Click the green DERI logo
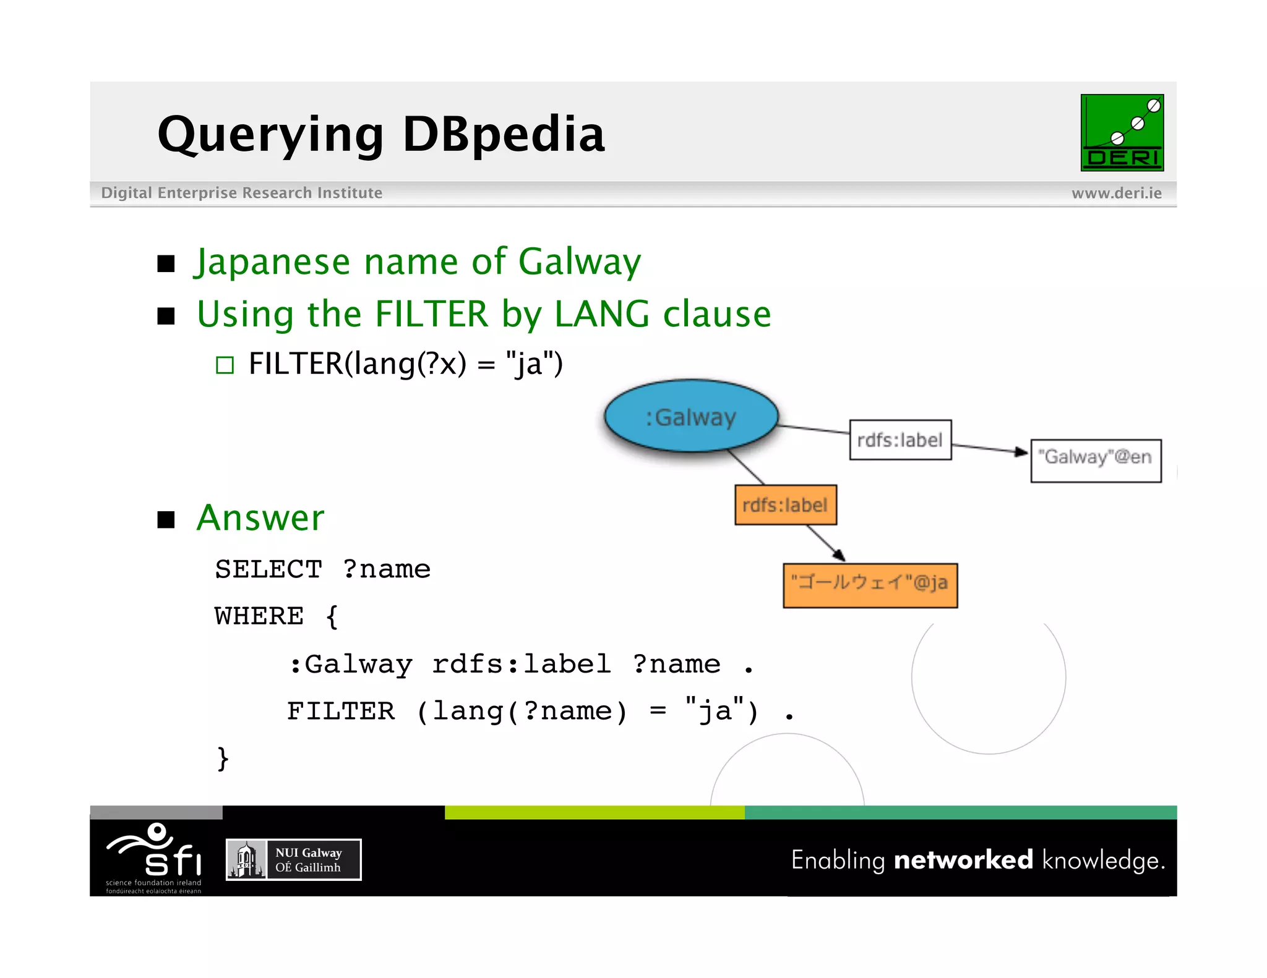1122,133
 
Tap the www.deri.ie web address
1116,193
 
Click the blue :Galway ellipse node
690,416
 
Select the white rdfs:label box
900,440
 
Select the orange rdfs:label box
785,505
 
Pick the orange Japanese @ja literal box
869,585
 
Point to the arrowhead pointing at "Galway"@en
1020,452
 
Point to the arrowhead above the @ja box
839,555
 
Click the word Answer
260,517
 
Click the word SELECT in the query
268,569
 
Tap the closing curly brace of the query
223,759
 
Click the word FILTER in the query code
340,712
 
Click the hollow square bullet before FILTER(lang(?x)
225,365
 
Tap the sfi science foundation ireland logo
155,856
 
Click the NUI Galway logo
293,859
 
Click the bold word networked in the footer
963,860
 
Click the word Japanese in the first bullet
273,262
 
